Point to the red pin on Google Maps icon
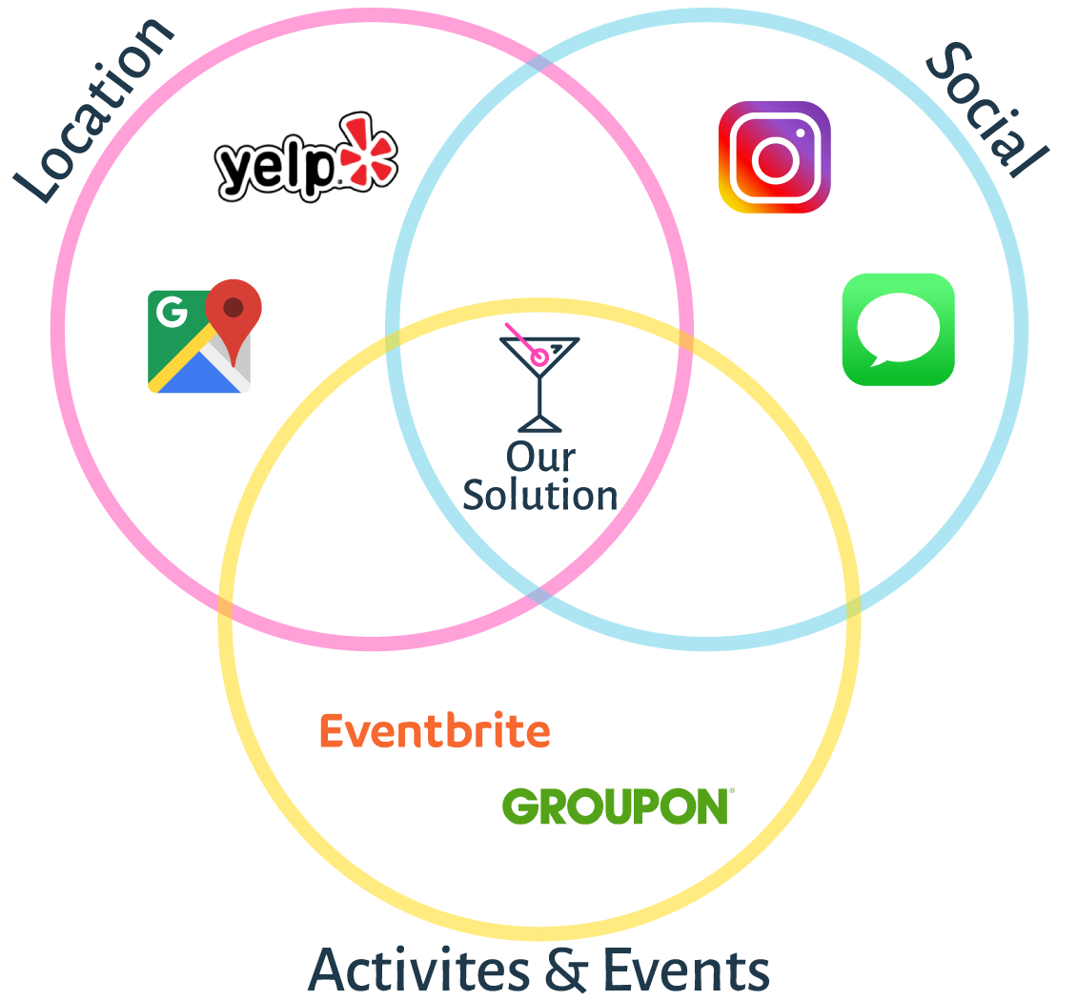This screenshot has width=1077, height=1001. pyautogui.click(x=234, y=308)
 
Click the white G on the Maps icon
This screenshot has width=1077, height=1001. pyautogui.click(x=172, y=312)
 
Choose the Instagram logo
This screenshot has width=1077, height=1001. pyautogui.click(x=774, y=156)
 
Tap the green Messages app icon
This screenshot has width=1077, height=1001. pyautogui.click(x=898, y=329)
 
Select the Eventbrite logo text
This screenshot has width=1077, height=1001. pyautogui.click(x=435, y=731)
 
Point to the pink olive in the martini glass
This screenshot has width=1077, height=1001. pyautogui.click(x=539, y=357)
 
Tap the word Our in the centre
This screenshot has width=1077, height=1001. pyautogui.click(x=540, y=458)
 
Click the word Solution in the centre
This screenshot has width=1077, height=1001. pyautogui.click(x=540, y=496)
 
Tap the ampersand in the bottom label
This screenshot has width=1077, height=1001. pyautogui.click(x=566, y=970)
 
